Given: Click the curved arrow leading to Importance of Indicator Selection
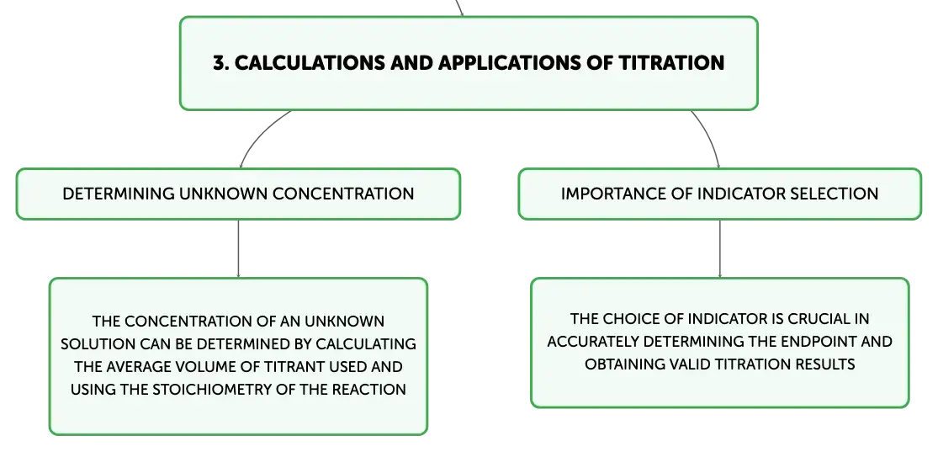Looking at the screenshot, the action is pyautogui.click(x=709, y=136).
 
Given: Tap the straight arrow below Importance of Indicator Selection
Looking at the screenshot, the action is pyautogui.click(x=719, y=248).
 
